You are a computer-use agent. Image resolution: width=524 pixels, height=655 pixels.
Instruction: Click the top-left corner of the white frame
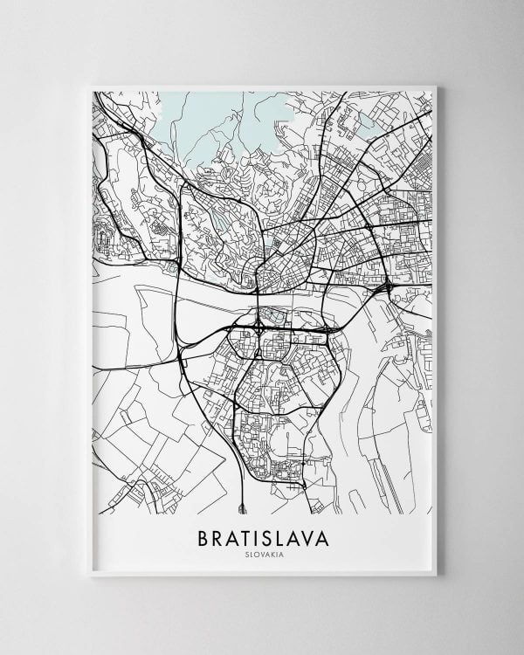coord(91,86)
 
